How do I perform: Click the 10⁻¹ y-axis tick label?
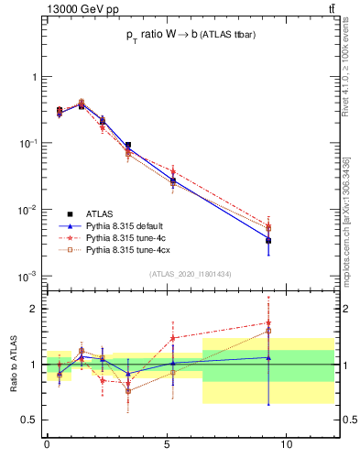27,144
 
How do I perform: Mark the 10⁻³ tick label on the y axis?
27,277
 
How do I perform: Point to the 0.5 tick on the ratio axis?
29,420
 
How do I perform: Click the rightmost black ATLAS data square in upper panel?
268,240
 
